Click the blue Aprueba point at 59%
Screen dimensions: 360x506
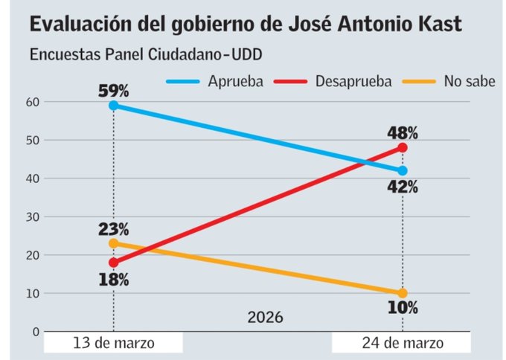click(x=113, y=106)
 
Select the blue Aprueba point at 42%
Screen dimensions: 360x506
click(x=403, y=170)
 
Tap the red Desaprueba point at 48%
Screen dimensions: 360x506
click(x=403, y=147)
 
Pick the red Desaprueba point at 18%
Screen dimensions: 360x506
click(x=113, y=263)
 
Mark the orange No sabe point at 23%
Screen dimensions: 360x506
click(x=113, y=243)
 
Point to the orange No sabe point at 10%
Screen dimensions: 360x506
click(x=403, y=293)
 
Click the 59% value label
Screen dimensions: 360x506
click(x=113, y=91)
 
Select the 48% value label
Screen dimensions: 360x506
click(x=403, y=133)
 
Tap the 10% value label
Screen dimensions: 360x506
click(x=403, y=308)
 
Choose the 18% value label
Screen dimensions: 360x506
click(x=113, y=280)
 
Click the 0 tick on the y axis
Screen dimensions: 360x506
click(x=34, y=332)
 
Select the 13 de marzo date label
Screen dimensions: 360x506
click(x=113, y=344)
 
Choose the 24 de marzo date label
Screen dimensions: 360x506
click(x=403, y=344)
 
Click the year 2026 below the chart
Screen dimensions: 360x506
click(x=265, y=318)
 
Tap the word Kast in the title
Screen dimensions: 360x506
click(x=435, y=25)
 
